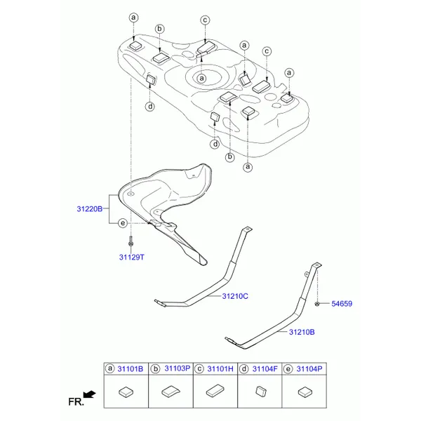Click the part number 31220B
click(90, 209)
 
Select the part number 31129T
click(132, 258)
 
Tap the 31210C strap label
click(235, 296)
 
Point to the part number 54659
click(342, 304)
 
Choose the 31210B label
click(302, 332)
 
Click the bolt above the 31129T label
click(131, 241)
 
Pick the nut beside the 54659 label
click(317, 304)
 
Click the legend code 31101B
click(131, 369)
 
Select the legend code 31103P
click(178, 368)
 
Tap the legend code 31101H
click(220, 369)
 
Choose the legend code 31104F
click(265, 369)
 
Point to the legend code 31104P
click(309, 369)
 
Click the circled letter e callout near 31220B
click(123, 223)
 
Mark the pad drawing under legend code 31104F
click(261, 392)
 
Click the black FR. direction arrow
click(89, 394)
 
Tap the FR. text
click(76, 402)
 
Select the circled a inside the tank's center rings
click(201, 79)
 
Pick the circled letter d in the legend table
click(243, 369)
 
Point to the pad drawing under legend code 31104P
click(305, 392)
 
